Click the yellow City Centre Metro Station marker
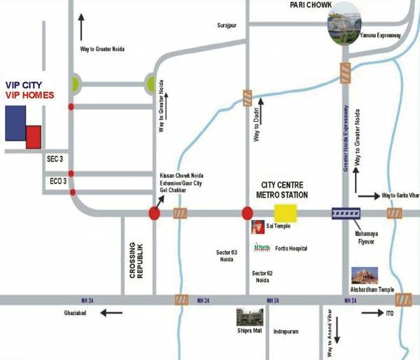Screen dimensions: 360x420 (x=285, y=212)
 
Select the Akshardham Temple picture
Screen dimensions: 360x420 (x=365, y=275)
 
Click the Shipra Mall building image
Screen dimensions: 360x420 (x=248, y=317)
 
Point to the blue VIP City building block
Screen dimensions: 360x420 (x=16, y=129)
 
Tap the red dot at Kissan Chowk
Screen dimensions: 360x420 (x=155, y=213)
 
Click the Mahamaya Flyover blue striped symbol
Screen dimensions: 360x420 (x=345, y=213)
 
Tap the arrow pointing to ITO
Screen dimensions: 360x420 (x=370, y=313)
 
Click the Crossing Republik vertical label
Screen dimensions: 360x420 (x=137, y=261)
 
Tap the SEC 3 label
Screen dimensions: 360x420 (x=54, y=160)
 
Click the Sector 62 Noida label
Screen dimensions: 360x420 (x=261, y=276)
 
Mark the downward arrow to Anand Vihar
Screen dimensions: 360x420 (x=337, y=328)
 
